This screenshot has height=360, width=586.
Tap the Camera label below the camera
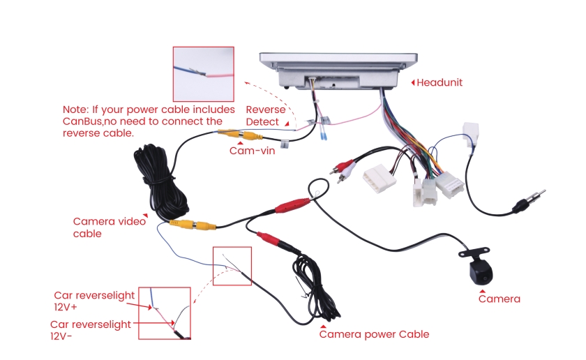click(499, 299)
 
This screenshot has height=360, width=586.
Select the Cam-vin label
click(252, 150)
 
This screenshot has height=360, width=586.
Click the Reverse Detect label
click(265, 116)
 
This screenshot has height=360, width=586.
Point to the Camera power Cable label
click(374, 334)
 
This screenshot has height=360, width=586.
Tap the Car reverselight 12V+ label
click(94, 301)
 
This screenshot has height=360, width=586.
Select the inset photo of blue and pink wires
click(203, 74)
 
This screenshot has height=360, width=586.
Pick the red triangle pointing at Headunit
click(413, 82)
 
